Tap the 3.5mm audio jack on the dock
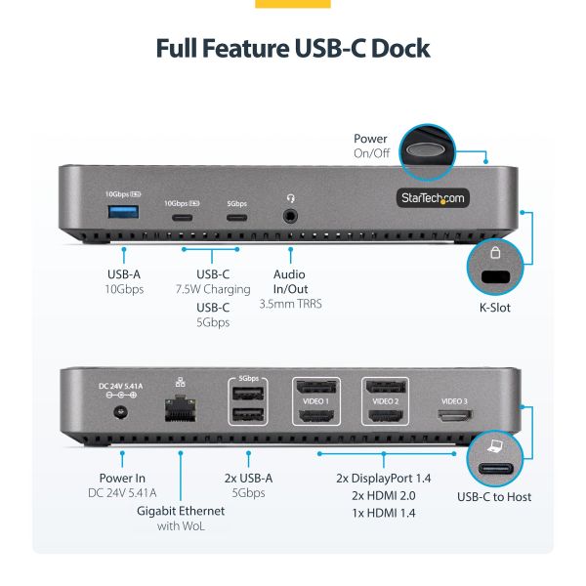pos(291,215)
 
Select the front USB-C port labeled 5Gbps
pos(236,216)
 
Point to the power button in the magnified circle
pos(430,149)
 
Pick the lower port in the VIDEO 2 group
pos(385,417)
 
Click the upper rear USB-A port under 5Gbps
pos(248,395)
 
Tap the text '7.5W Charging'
pos(213,289)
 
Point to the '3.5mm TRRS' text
pos(291,304)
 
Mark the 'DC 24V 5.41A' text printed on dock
pos(120,387)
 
